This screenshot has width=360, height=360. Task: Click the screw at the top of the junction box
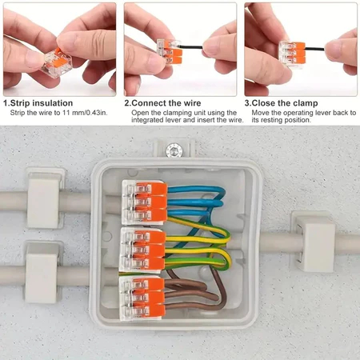click(x=174, y=150)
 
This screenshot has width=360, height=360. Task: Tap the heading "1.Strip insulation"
click(x=38, y=103)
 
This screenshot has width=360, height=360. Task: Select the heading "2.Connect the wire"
click(x=162, y=103)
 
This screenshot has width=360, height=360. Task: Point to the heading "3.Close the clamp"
click(x=281, y=103)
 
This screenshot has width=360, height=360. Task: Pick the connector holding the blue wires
click(x=145, y=202)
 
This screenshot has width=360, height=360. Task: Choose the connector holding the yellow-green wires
click(x=143, y=250)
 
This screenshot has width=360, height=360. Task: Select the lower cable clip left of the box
click(x=42, y=272)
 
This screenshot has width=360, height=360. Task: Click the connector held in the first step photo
click(x=57, y=62)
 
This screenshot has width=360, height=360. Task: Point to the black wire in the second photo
click(x=190, y=47)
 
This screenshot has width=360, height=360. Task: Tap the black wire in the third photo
click(x=314, y=49)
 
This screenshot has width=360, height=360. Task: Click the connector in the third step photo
click(x=292, y=54)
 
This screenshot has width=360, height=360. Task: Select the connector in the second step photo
click(x=170, y=52)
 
